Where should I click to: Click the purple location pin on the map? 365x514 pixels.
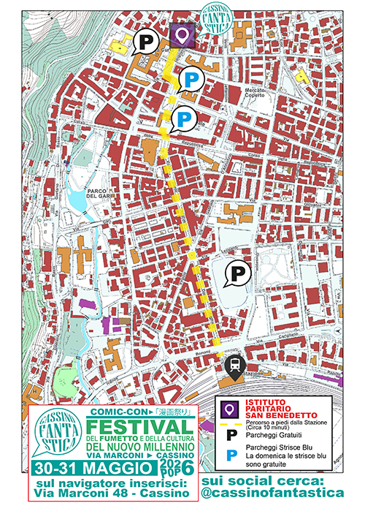point(182,34)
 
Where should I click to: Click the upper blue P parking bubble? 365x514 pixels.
point(192,80)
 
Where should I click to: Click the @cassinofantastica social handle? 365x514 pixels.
point(272,494)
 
